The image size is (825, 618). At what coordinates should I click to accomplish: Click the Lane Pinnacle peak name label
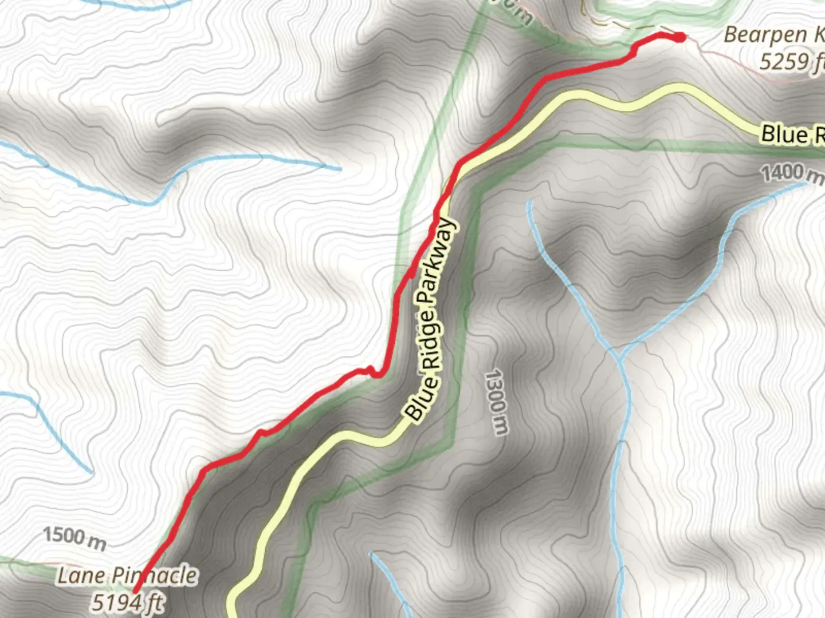click(127, 576)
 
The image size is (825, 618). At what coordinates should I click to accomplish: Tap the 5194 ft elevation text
click(128, 602)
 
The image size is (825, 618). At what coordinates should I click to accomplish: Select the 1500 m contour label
click(74, 538)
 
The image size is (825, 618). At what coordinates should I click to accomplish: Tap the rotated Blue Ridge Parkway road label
click(431, 320)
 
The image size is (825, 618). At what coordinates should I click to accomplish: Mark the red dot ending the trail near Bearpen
click(679, 38)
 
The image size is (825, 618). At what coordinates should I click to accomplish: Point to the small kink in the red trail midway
click(372, 372)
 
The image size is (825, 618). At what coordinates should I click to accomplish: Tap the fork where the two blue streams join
click(620, 355)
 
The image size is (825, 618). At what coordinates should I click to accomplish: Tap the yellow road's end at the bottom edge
click(233, 613)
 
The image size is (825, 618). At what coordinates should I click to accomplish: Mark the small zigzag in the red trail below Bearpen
click(633, 53)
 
